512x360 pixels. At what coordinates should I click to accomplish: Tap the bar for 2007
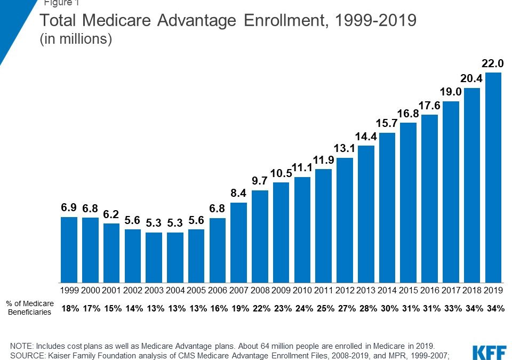tap(239, 243)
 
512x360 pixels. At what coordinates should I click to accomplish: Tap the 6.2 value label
tap(111, 214)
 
